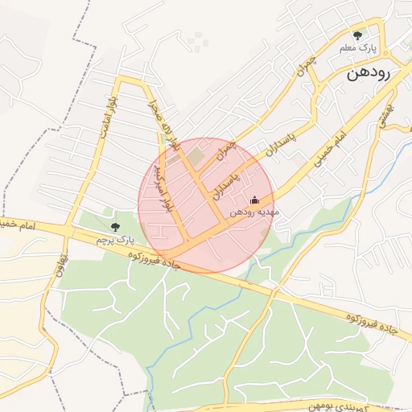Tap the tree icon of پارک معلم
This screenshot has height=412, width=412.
click(x=358, y=35)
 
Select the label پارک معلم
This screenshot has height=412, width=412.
click(x=358, y=49)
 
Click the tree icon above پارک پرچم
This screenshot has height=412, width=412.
click(x=115, y=227)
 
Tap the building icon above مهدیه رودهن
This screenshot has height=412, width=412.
click(x=255, y=200)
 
